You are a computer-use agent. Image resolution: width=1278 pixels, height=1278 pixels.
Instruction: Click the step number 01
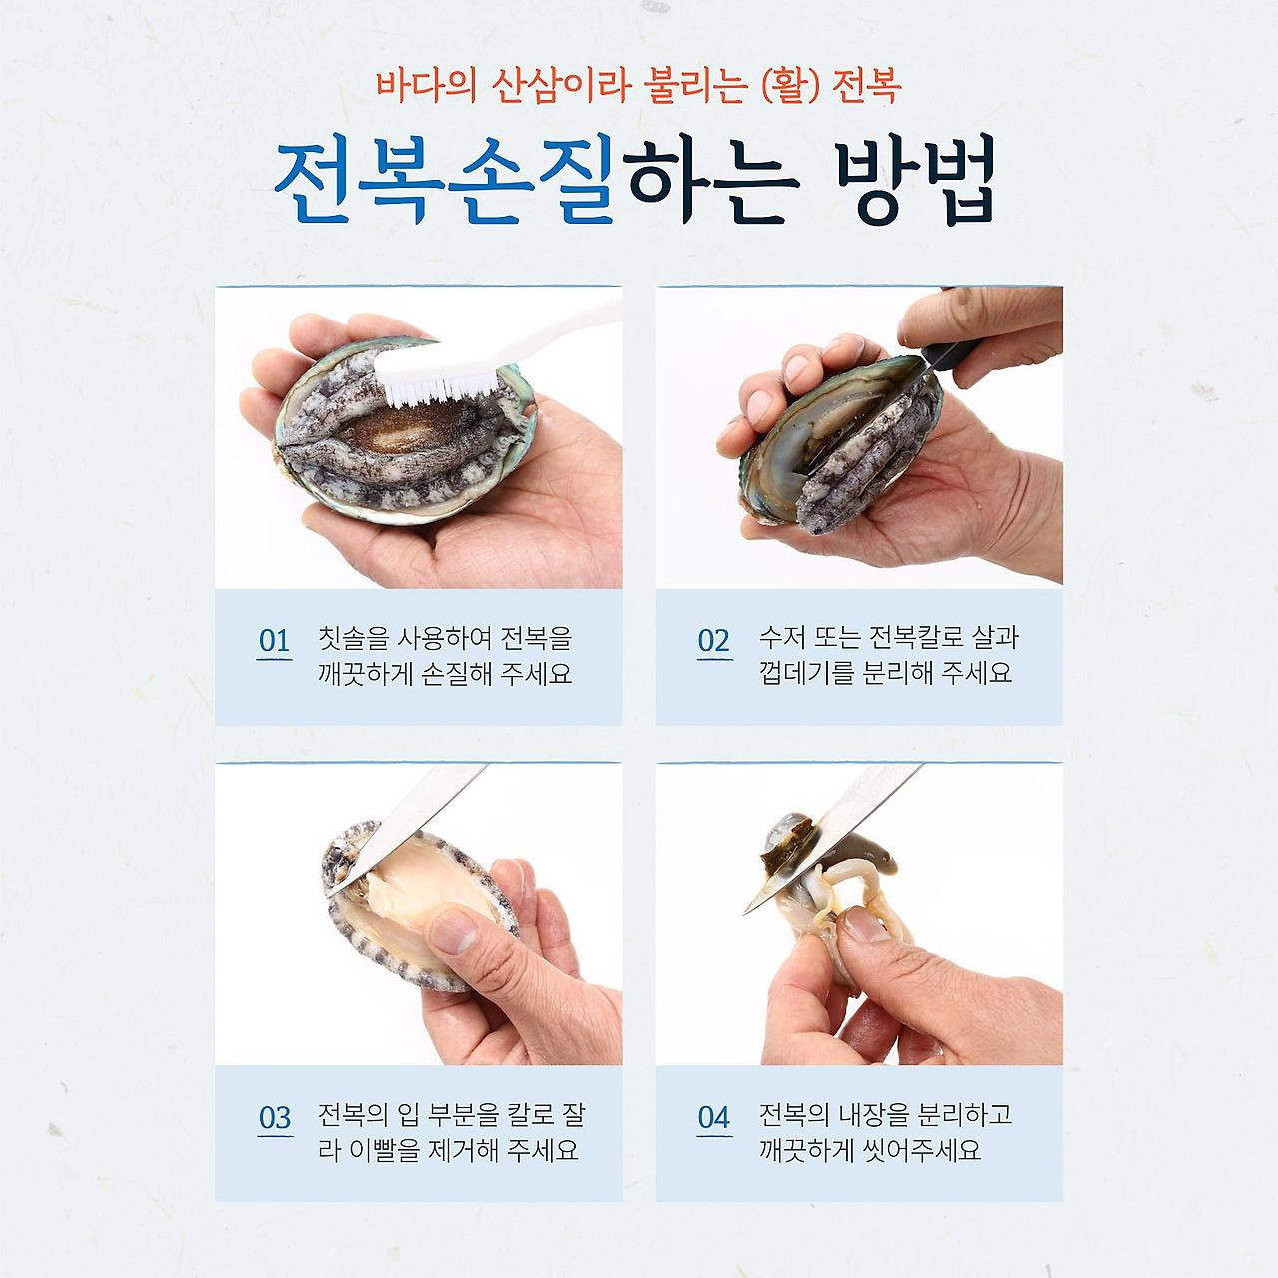click(x=274, y=641)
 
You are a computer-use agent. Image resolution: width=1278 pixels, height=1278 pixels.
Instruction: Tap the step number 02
click(x=714, y=641)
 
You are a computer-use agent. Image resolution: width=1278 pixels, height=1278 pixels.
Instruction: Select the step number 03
click(x=275, y=1118)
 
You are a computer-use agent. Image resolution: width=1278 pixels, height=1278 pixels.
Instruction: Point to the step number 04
click(x=714, y=1118)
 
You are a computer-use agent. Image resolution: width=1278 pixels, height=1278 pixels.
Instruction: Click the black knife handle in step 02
click(x=956, y=355)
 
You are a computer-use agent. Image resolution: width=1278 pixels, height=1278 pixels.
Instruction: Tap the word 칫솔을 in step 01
click(x=350, y=639)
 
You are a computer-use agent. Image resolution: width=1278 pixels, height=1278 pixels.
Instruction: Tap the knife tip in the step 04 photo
click(x=746, y=912)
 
